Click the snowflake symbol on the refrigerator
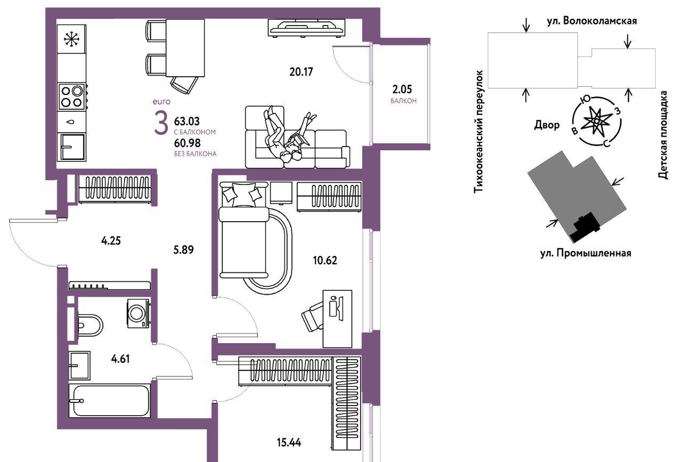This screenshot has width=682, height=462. point(72,39)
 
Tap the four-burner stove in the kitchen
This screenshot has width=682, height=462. point(72,96)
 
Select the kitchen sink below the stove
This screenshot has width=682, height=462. point(73,147)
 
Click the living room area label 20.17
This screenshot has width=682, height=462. point(301,72)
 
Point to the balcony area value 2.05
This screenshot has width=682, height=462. point(402,89)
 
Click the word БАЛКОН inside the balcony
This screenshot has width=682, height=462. point(403,101)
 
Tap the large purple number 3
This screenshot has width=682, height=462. point(161,123)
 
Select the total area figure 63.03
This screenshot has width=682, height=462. point(186,121)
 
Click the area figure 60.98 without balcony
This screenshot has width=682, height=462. point(187,143)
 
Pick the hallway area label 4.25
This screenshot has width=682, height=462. point(111,241)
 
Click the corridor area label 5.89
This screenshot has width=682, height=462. point(183,250)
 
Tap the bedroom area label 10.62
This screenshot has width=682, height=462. point(325,261)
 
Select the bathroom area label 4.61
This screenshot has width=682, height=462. point(120,359)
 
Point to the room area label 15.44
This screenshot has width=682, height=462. point(289,442)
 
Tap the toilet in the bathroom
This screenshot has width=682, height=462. point(89,325)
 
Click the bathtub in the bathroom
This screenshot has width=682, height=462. point(110,401)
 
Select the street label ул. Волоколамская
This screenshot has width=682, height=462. point(592,21)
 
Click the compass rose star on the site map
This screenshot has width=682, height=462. point(596,121)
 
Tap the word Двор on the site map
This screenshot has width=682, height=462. point(547,125)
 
